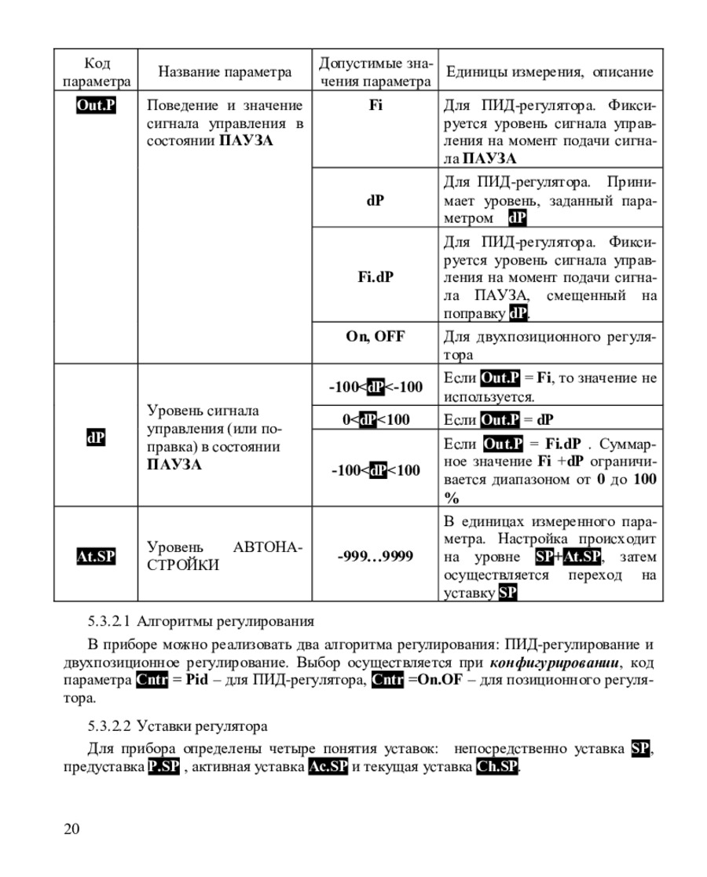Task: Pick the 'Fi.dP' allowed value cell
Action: [x=375, y=276]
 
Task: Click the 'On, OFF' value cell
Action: [x=375, y=337]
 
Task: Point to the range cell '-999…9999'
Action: [x=375, y=556]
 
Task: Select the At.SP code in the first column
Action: [x=95, y=556]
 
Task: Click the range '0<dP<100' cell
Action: [x=375, y=419]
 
